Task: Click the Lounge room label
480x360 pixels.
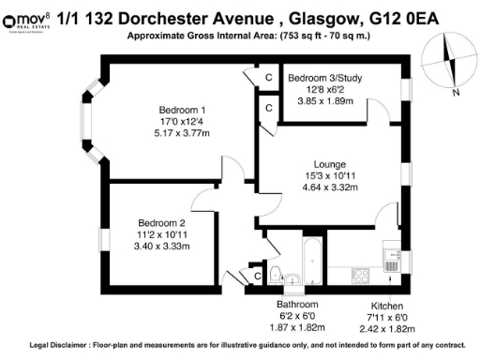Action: tap(330, 162)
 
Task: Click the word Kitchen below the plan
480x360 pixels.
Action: tap(388, 306)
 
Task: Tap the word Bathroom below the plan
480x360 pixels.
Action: tap(297, 306)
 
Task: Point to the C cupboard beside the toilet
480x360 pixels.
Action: tap(256, 276)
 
